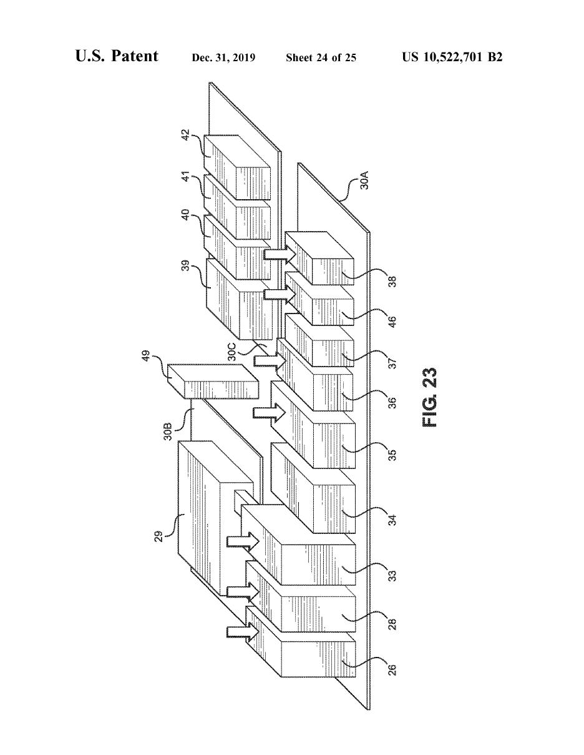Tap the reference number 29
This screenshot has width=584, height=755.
[159, 536]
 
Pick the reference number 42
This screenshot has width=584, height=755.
[185, 136]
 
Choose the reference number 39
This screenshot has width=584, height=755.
[185, 266]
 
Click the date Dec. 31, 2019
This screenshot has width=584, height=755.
[223, 58]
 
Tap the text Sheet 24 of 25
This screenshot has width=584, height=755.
[321, 58]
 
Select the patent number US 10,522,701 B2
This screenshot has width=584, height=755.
[452, 57]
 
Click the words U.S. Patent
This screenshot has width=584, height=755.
[117, 57]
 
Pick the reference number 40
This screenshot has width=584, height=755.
[185, 216]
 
